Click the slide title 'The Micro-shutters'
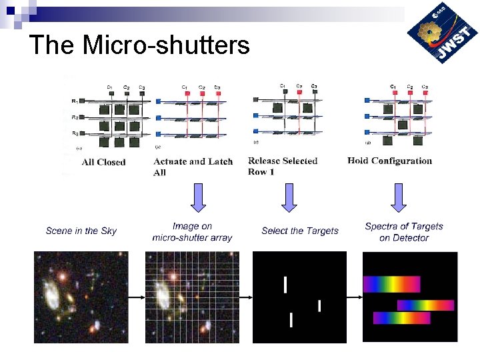139,45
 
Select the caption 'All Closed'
103,162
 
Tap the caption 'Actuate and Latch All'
193,167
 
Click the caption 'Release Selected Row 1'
283,166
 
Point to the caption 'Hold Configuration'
389,161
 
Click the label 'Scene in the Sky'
81,231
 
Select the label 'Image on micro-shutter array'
192,232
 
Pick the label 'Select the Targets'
300,231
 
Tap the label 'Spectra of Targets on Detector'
404,232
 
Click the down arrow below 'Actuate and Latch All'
198,197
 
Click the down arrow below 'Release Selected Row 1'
288,197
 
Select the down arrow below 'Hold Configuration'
399,197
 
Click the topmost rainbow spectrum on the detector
391,284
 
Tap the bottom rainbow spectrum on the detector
402,318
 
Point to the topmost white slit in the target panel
285,285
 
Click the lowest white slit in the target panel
291,319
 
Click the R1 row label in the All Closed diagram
75,101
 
